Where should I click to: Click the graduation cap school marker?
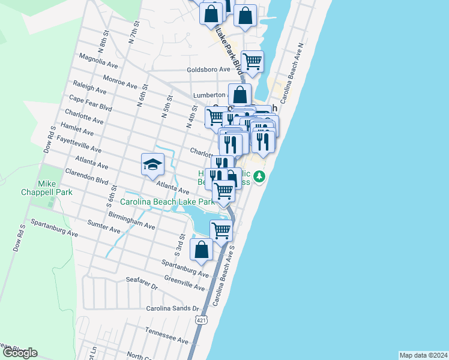(152, 164)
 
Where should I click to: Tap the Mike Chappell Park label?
(55, 187)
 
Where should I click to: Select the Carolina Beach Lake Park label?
(167, 202)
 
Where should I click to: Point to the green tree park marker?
(259, 177)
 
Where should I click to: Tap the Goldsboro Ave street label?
(208, 70)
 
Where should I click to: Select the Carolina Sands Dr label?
(172, 308)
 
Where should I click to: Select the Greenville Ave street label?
(185, 284)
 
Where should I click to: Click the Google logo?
(20, 353)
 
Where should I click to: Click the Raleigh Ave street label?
(89, 88)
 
